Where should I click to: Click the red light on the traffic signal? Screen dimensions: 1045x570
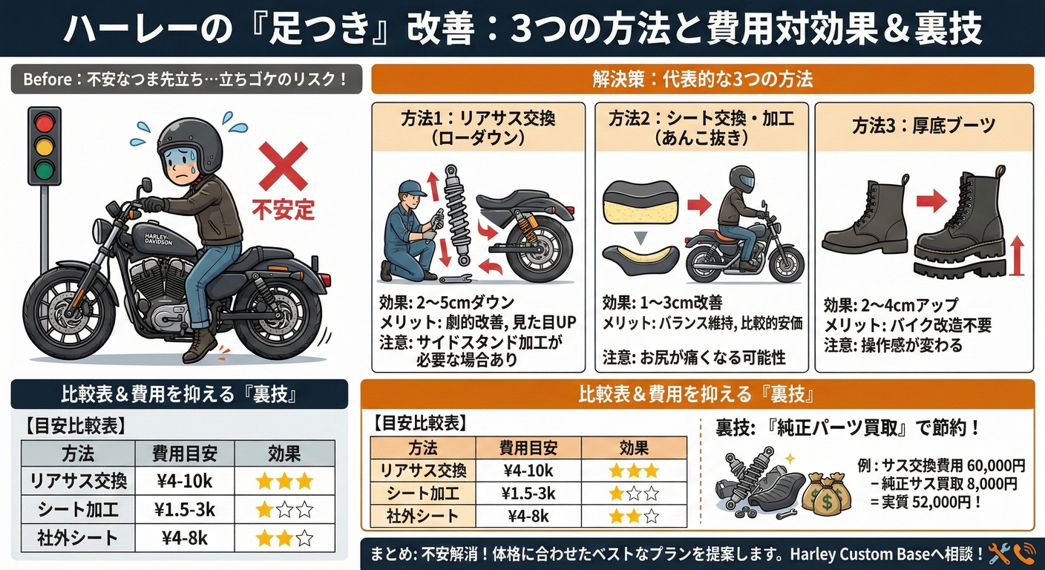45,124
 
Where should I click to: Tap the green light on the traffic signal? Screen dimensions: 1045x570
45,169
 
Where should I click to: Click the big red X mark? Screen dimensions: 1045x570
284,166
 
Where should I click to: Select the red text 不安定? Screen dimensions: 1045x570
284,210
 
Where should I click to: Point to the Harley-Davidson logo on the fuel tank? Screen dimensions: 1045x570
158,239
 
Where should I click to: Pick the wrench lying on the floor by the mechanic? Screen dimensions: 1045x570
456,279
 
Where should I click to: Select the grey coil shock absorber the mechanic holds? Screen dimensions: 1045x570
455,214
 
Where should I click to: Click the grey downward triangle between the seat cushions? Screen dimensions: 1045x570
641,238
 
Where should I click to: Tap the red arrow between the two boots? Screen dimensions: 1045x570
931,202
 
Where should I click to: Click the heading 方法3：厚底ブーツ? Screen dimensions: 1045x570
924,126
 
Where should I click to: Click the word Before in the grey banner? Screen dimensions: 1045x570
47,79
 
